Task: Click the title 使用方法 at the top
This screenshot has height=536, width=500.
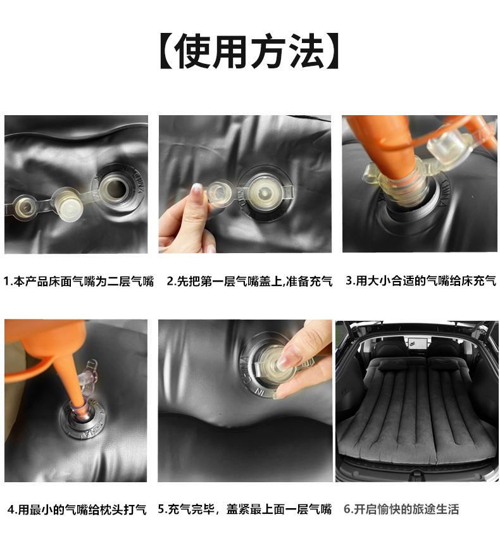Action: (249, 51)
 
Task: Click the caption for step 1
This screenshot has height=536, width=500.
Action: (78, 282)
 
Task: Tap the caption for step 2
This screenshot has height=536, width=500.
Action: (249, 281)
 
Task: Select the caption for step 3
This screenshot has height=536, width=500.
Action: (421, 280)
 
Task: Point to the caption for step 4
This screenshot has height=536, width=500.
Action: (77, 509)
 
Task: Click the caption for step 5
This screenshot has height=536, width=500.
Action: (244, 509)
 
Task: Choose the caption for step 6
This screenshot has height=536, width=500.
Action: (401, 509)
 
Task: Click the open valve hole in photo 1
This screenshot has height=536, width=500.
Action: (115, 189)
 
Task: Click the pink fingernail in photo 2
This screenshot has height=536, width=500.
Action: (197, 190)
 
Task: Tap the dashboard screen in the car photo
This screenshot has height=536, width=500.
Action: (416, 342)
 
